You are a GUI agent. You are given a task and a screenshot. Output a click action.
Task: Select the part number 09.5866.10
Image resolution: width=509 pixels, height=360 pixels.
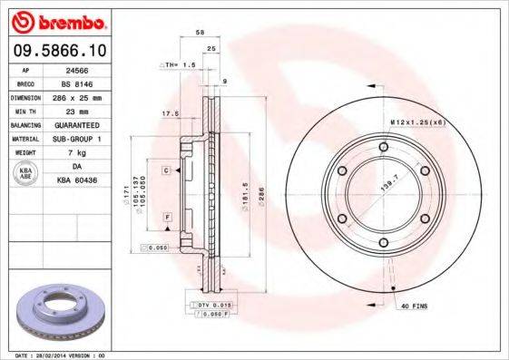point(56,51)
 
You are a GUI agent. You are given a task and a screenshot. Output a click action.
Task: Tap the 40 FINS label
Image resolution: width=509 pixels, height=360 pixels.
point(414,306)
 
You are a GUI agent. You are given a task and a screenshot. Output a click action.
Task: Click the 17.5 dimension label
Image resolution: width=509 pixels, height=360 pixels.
point(169,113)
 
